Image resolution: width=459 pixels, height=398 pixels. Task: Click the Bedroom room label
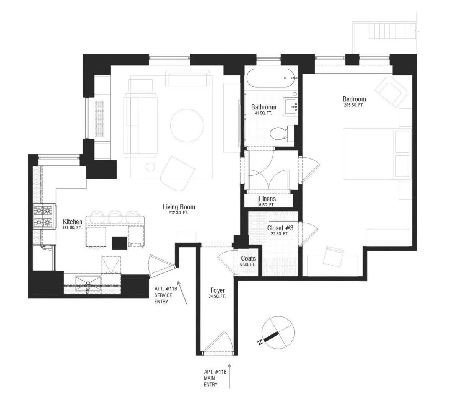coord(354,99)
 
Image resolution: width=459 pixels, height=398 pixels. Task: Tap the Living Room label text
coord(176,207)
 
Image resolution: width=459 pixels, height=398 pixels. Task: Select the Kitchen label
coord(72,222)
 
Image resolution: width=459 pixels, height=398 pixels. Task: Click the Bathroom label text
coord(264,107)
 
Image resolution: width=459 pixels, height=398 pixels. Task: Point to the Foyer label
coord(217,290)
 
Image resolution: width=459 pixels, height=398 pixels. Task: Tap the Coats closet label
coord(248,259)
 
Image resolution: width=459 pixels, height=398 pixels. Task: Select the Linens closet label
coord(267,199)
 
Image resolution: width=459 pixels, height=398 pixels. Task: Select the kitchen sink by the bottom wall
coord(88,284)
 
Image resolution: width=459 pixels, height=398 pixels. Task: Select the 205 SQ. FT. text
coord(353,105)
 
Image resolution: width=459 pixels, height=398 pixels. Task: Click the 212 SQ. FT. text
coord(176,213)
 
